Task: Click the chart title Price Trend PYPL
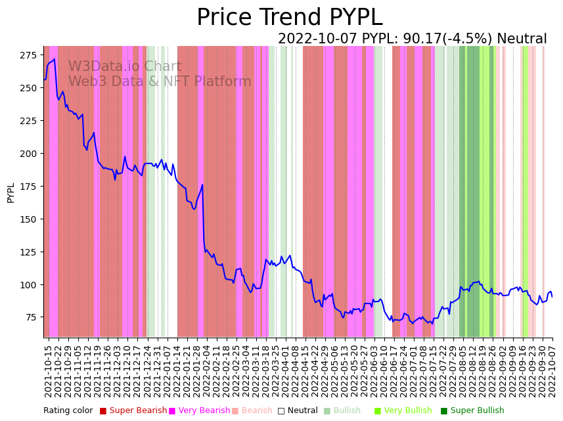[x=289, y=18]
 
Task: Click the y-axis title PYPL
[x=11, y=192]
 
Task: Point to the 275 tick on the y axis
[x=30, y=55]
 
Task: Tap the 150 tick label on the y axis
[x=30, y=219]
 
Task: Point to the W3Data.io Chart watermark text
[x=125, y=66]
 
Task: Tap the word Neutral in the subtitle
[x=522, y=39]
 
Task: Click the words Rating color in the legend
[x=68, y=411]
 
